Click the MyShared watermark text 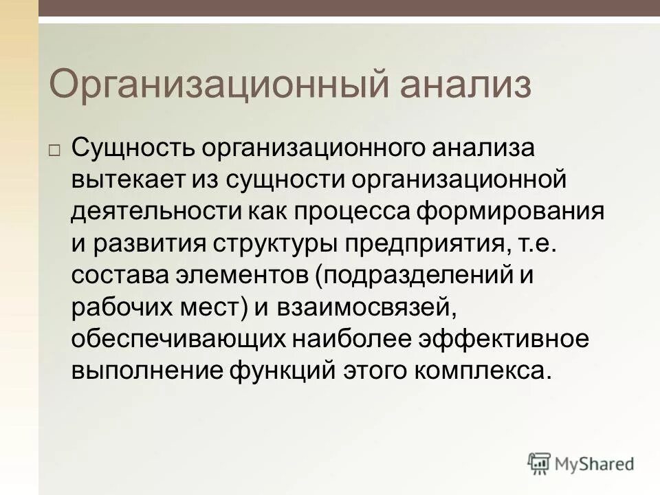click(x=596, y=464)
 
